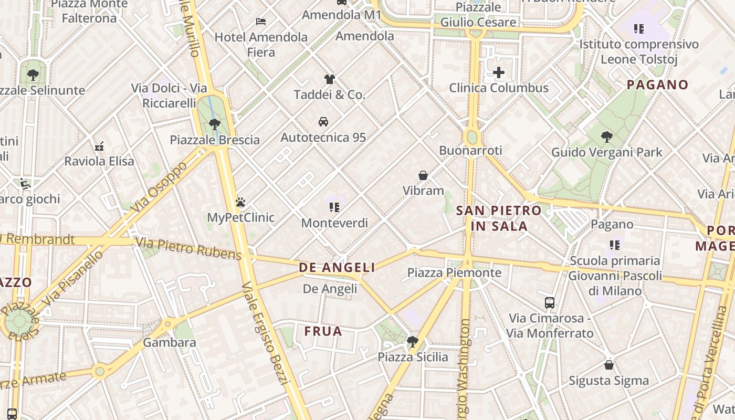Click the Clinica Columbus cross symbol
498,72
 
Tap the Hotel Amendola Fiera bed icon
261,22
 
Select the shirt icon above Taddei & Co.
329,79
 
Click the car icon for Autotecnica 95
323,122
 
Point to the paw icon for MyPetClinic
240,202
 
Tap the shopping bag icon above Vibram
423,175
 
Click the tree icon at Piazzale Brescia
214,124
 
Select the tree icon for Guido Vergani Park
606,137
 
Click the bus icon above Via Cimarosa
549,303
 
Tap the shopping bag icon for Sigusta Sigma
609,364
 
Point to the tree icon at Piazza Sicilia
413,342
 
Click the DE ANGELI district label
337,268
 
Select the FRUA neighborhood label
323,331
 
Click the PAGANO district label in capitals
657,85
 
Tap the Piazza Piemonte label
454,273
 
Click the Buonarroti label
470,151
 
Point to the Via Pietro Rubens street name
188,249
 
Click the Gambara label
170,343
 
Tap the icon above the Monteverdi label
334,207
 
